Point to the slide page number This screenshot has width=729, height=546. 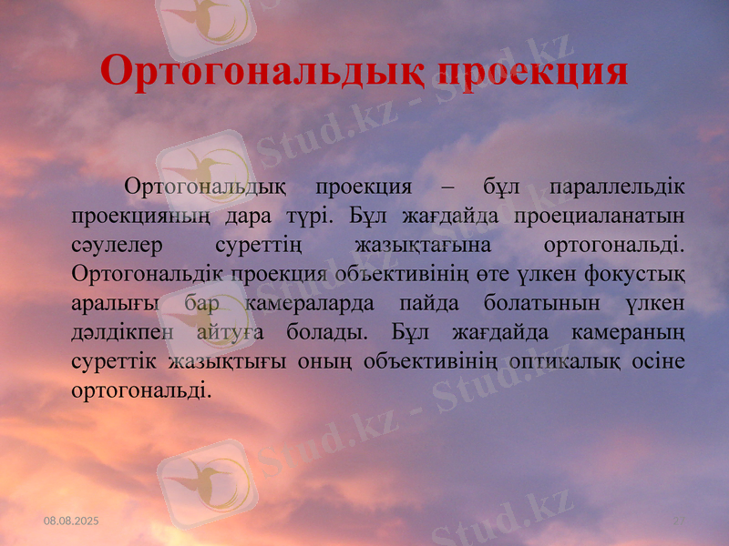click(x=678, y=520)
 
